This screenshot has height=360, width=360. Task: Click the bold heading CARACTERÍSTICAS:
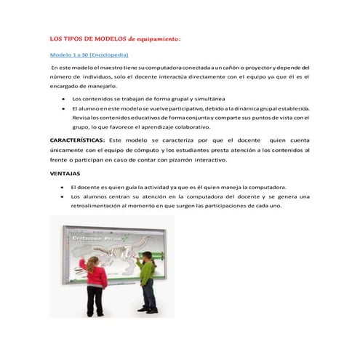click(x=78, y=138)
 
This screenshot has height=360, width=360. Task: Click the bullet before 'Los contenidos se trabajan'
click(x=65, y=98)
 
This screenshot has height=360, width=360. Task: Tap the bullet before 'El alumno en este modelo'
click(x=65, y=108)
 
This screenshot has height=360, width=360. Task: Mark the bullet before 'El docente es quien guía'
click(x=65, y=187)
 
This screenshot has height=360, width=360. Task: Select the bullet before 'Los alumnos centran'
click(x=65, y=196)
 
